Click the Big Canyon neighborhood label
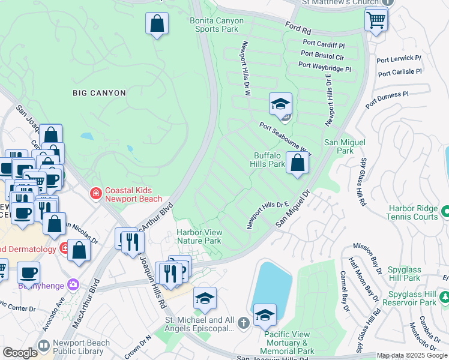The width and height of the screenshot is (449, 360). [x=99, y=93]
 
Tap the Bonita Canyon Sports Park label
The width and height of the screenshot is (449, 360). [x=217, y=25]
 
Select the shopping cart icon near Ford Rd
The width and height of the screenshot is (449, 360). [x=376, y=20]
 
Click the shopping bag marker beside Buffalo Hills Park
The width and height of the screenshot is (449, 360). [x=297, y=162]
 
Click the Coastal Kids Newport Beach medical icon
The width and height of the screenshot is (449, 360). [x=95, y=193]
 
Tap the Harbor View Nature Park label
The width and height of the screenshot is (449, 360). [x=199, y=236]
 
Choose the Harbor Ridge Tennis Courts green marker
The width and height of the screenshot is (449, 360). [x=445, y=212]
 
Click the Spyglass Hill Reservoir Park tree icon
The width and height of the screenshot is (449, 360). [x=445, y=297]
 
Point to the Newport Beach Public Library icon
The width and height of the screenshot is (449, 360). [x=43, y=346]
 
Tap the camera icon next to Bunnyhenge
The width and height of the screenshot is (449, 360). [x=74, y=284]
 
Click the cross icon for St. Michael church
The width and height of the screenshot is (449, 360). [x=243, y=323]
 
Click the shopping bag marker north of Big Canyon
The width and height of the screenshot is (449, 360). [x=157, y=25]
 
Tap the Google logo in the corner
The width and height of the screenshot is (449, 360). [x=20, y=353]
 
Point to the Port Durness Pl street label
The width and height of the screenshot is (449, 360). [x=388, y=94]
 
